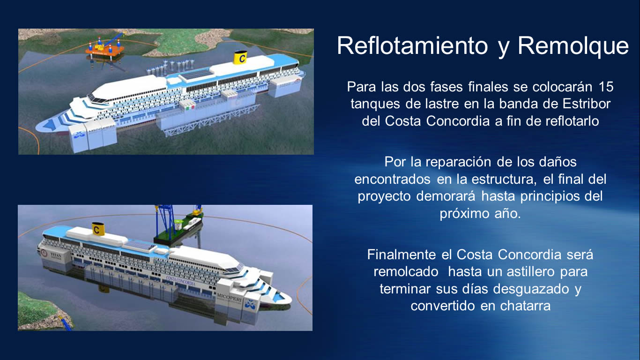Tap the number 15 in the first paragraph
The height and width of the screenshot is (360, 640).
click(x=605, y=87)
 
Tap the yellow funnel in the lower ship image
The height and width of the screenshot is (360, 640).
click(x=98, y=229)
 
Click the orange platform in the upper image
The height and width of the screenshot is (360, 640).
click(x=104, y=51)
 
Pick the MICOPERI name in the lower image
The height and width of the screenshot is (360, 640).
click(x=229, y=296)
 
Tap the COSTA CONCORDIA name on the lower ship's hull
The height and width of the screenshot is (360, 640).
click(x=180, y=280)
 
